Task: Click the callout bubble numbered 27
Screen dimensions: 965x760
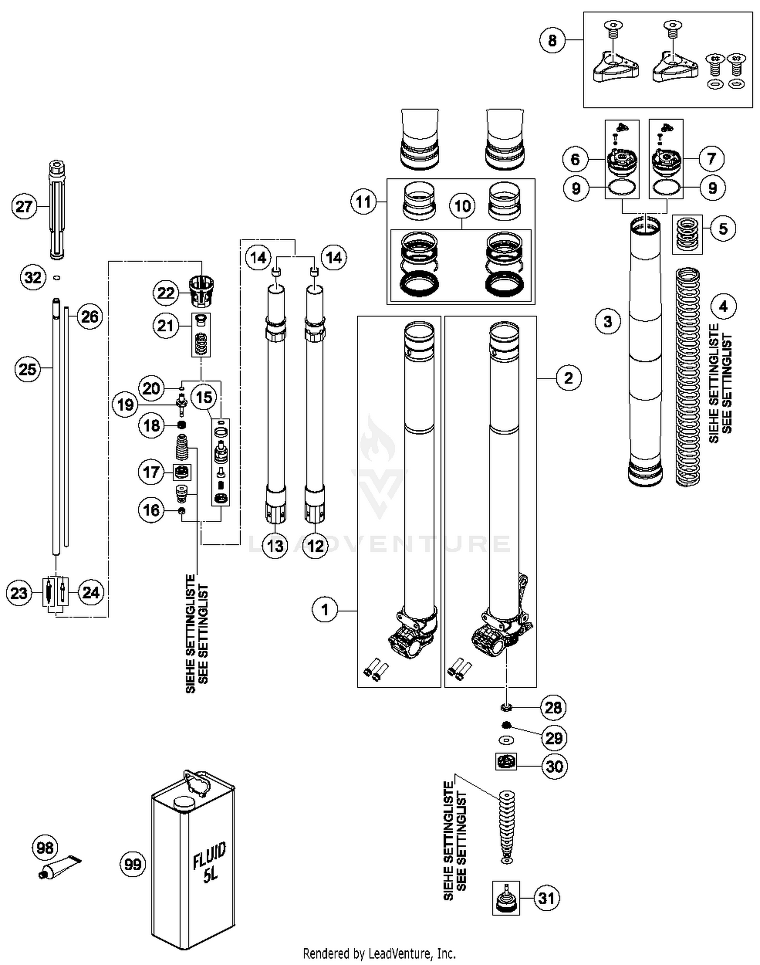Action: tap(24, 207)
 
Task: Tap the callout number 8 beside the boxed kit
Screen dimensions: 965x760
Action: tap(552, 40)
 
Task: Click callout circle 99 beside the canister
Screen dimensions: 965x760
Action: tap(133, 864)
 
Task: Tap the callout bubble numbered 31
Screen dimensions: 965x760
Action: tap(546, 899)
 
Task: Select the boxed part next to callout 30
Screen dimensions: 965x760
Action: tap(506, 761)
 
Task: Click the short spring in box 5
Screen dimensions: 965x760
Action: tap(688, 234)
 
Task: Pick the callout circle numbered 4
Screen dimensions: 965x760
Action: tap(723, 307)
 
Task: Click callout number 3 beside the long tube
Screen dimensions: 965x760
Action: tap(607, 321)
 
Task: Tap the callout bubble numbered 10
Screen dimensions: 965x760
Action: tap(462, 206)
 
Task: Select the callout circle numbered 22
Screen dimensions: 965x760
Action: tap(166, 293)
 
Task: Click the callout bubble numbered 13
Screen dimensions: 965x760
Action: tap(275, 546)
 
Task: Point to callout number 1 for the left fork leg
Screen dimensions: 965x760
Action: tap(325, 609)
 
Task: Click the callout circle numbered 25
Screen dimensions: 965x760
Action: tap(27, 369)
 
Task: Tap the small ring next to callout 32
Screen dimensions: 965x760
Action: tap(57, 277)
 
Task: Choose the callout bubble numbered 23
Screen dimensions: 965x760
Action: tap(19, 593)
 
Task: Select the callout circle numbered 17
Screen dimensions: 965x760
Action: tap(151, 472)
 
